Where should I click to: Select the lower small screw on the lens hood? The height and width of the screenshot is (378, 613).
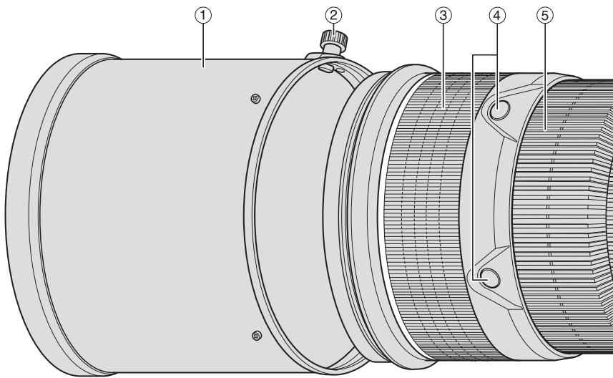click(x=256, y=335)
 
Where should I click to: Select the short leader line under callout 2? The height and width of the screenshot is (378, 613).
click(x=330, y=29)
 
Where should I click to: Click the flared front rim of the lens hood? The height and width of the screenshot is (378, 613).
click(x=29, y=215)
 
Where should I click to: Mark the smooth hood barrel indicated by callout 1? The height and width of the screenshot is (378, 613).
click(x=157, y=215)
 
